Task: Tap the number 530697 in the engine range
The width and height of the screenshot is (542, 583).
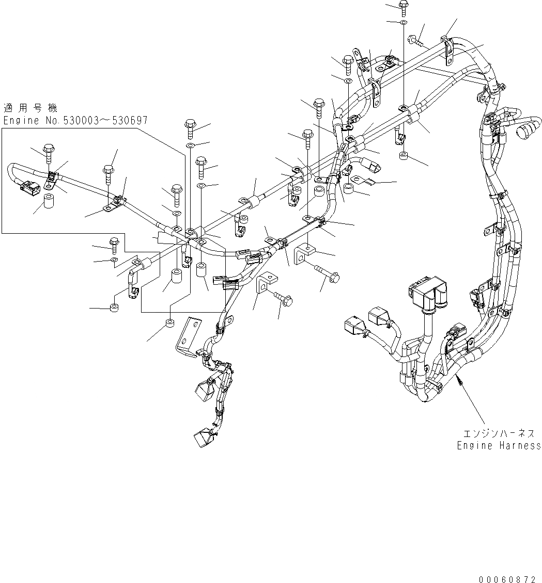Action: click(x=127, y=121)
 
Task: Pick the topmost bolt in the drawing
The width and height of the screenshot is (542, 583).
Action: click(x=403, y=8)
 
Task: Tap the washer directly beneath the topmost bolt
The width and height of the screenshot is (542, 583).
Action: click(x=403, y=23)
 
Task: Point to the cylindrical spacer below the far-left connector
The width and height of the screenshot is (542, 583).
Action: click(x=50, y=201)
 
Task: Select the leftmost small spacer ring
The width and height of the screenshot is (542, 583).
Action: click(x=114, y=309)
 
